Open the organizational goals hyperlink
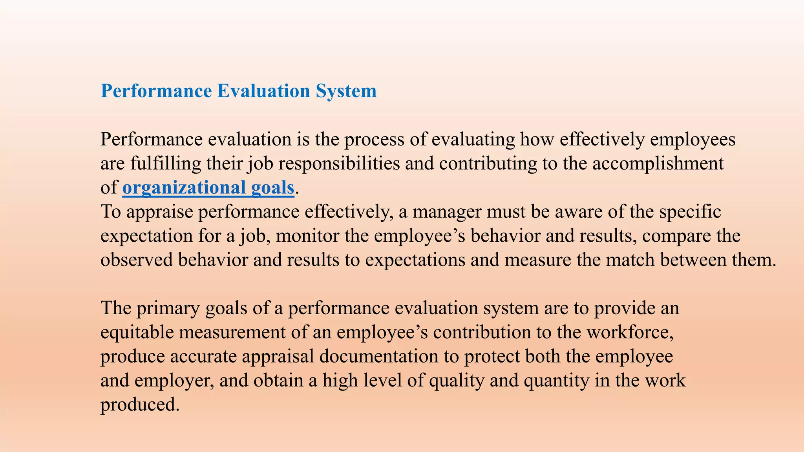(208, 188)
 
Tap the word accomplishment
(658, 164)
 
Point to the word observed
(137, 260)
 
